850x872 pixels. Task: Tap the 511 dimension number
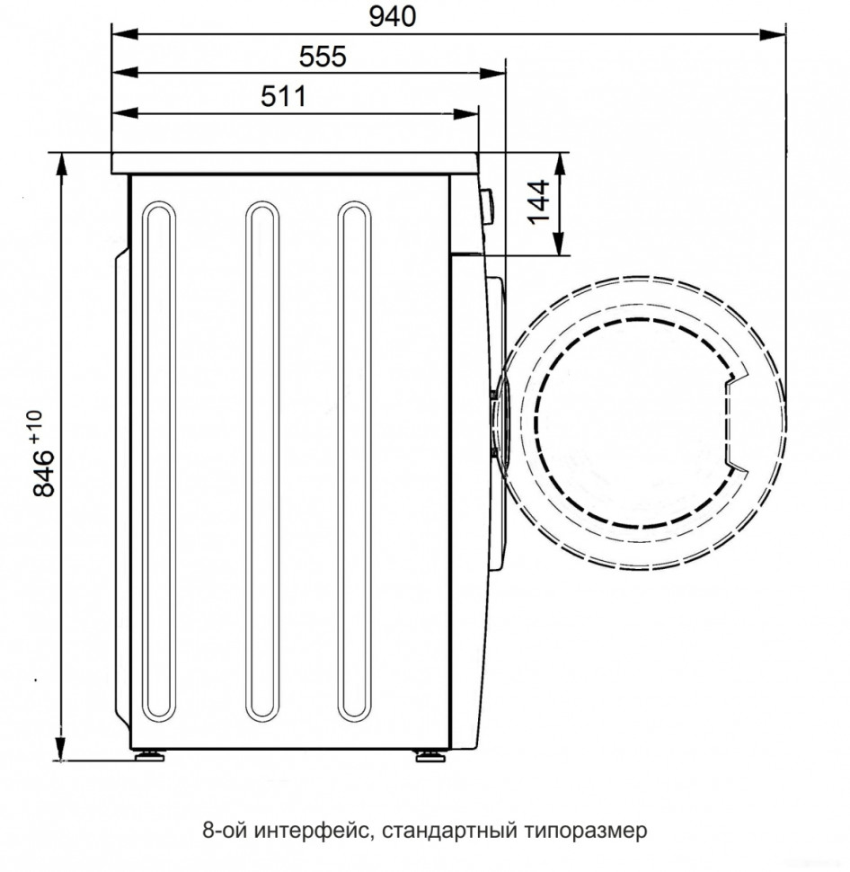[284, 96]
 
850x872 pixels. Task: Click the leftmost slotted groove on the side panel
[159, 464]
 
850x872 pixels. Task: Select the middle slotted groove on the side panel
[261, 464]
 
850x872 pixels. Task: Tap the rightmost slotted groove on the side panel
[354, 464]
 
